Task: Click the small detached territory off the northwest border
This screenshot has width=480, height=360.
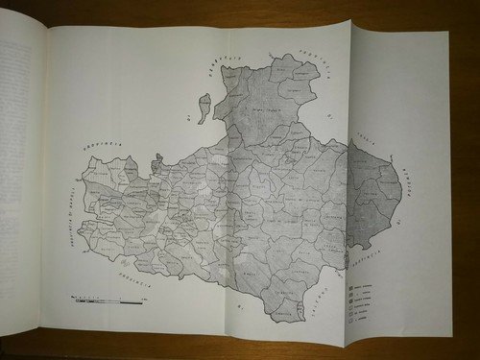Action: [204, 108]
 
